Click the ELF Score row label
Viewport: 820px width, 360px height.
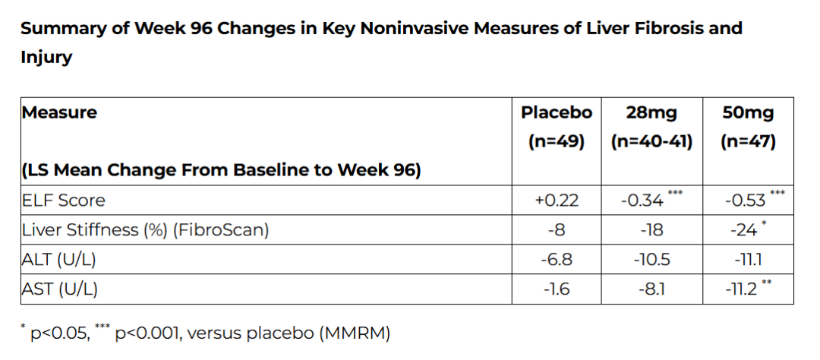pyautogui.click(x=63, y=200)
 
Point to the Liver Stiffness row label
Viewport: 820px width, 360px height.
pyautogui.click(x=145, y=229)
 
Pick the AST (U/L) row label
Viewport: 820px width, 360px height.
pyautogui.click(x=60, y=289)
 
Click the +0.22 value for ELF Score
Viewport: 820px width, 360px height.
pyautogui.click(x=557, y=200)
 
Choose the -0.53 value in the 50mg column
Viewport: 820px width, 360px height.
pyautogui.click(x=744, y=200)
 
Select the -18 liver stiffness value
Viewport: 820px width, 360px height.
pyautogui.click(x=652, y=229)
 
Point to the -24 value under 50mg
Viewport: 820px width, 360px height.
pyautogui.click(x=744, y=229)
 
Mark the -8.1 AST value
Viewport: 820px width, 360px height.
pyautogui.click(x=652, y=289)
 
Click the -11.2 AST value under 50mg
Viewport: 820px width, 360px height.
pyautogui.click(x=741, y=289)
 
